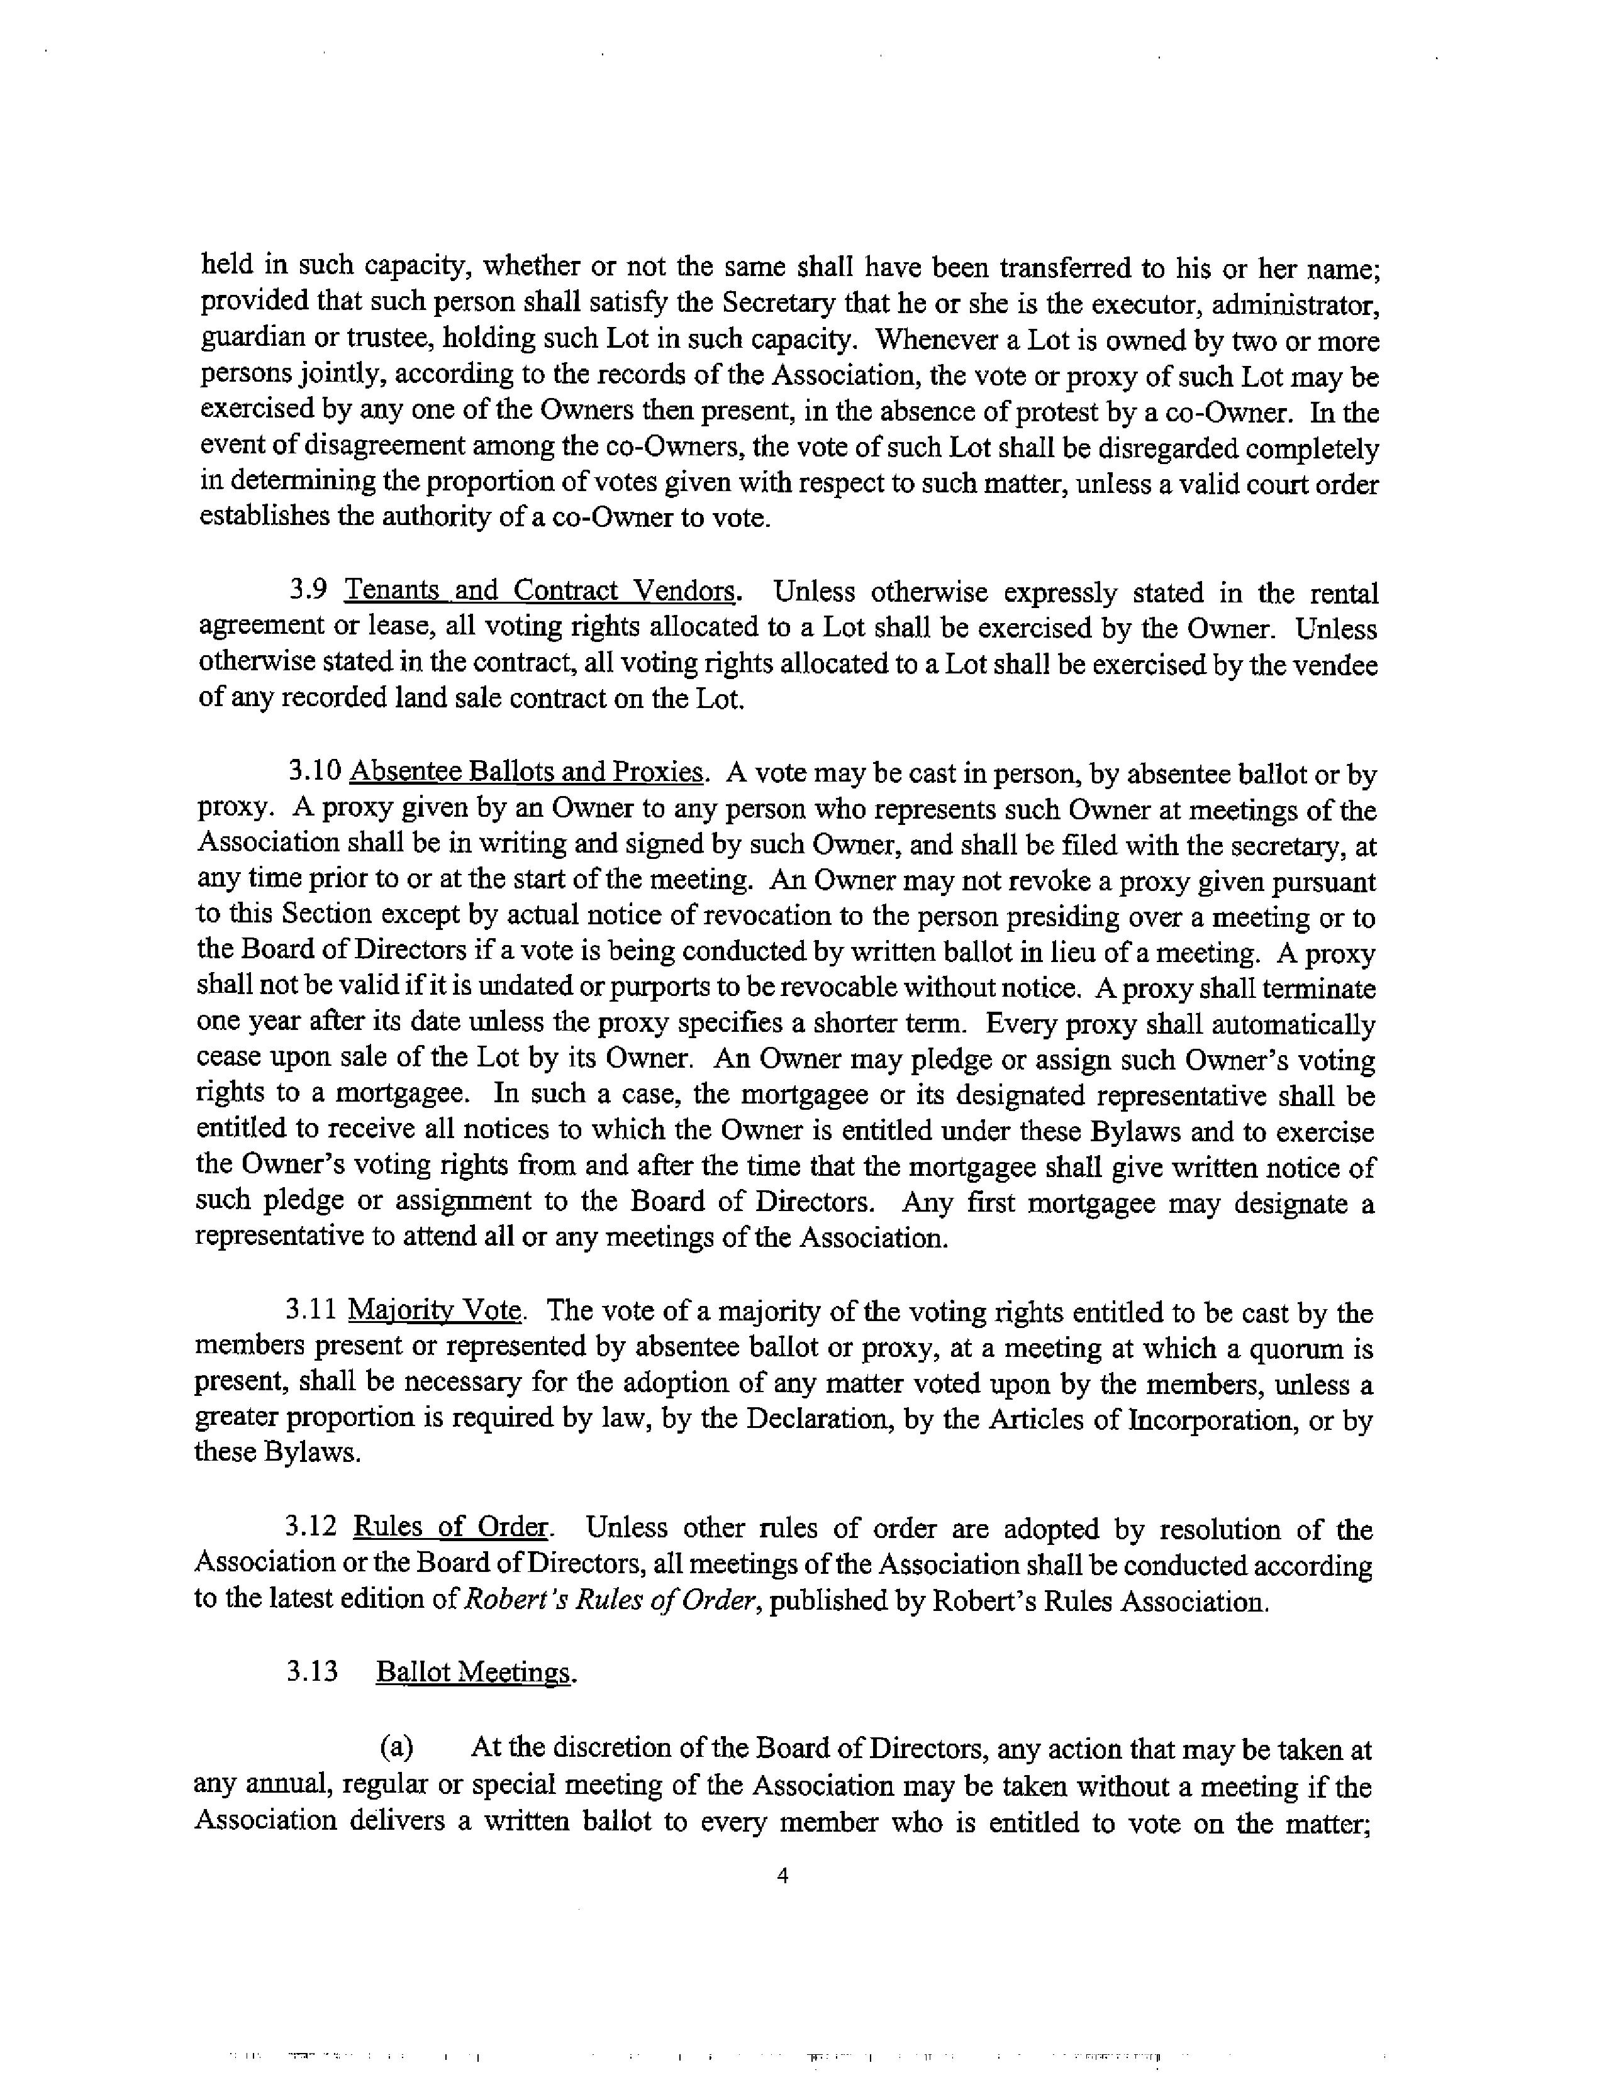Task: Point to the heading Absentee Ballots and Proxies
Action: pyautogui.click(x=526, y=772)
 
